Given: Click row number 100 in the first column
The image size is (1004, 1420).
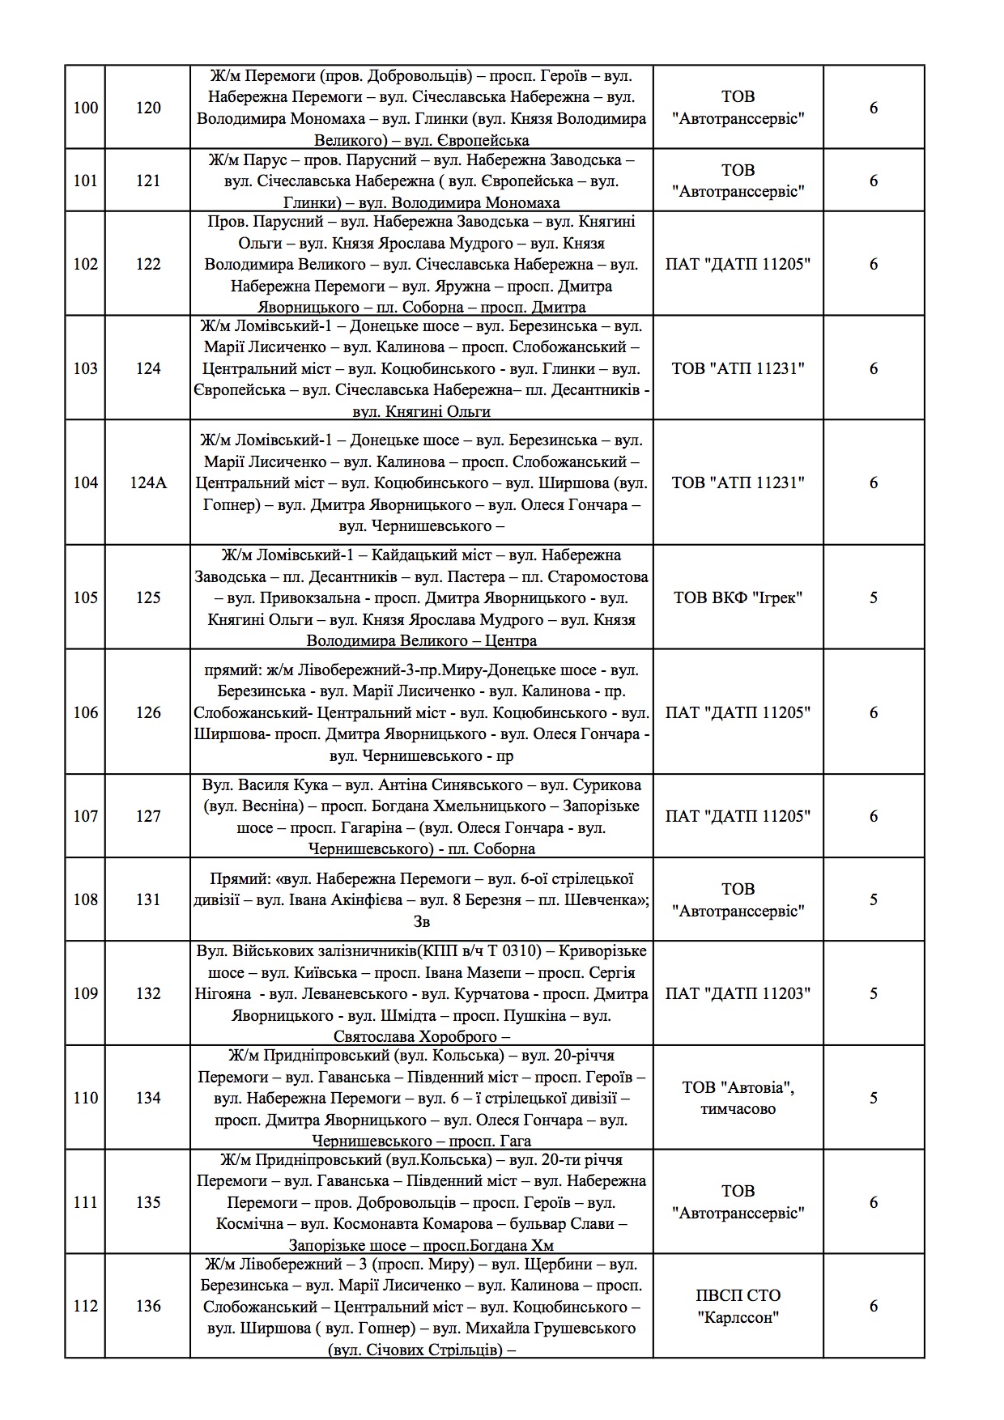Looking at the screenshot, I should pyautogui.click(x=85, y=108).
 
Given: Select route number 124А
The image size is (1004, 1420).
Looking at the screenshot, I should pyautogui.click(x=148, y=483).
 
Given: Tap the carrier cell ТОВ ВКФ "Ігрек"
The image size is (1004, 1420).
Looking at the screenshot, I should pyautogui.click(x=738, y=598).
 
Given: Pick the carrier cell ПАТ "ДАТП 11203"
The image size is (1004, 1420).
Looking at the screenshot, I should pyautogui.click(x=738, y=993).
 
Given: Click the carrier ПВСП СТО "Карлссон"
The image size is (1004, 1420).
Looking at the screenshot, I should pyautogui.click(x=738, y=1306).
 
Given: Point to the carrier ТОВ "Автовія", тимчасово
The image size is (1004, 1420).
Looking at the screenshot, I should pyautogui.click(x=738, y=1098).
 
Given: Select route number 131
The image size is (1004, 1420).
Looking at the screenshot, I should pyautogui.click(x=148, y=899).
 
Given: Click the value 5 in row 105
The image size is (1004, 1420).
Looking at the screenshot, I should pyautogui.click(x=873, y=598).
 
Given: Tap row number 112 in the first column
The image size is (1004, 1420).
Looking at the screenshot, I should pyautogui.click(x=85, y=1306).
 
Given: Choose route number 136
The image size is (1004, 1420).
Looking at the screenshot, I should pyautogui.click(x=148, y=1306).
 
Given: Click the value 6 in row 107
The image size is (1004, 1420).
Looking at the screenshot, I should pyautogui.click(x=873, y=816).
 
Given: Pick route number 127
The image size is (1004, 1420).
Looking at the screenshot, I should pyautogui.click(x=148, y=816).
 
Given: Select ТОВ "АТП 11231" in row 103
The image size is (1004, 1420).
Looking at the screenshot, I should pyautogui.click(x=738, y=368).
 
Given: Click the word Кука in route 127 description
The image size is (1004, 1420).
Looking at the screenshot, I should pyautogui.click(x=313, y=784).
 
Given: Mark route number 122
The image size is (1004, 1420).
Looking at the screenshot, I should pyautogui.click(x=148, y=264).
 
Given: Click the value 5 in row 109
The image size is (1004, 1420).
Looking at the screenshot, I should pyautogui.click(x=873, y=993).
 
